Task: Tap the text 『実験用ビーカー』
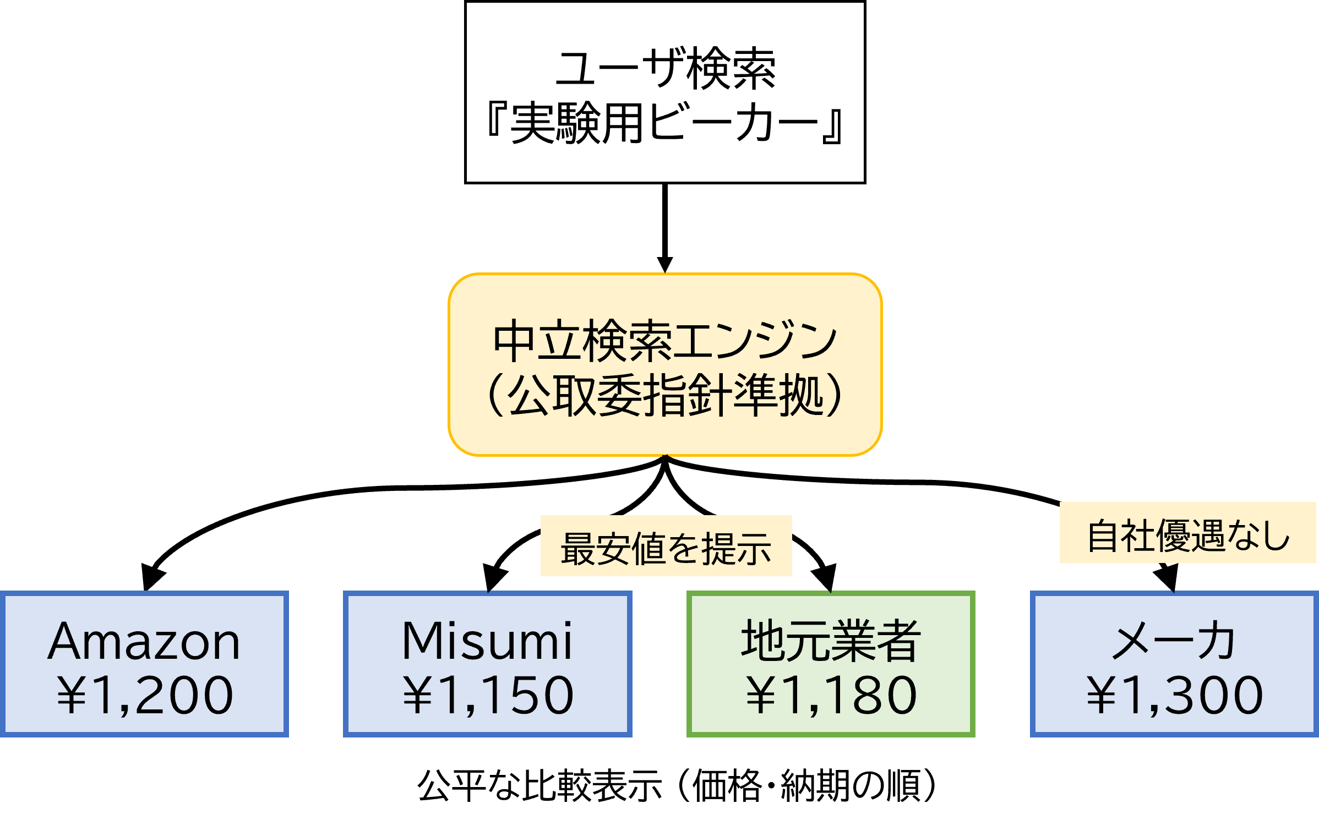click(664, 123)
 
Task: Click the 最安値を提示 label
click(666, 548)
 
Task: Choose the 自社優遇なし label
click(1188, 535)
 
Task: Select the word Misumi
click(487, 641)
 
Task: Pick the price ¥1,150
click(488, 696)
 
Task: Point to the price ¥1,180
click(831, 696)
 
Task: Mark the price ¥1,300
click(1174, 696)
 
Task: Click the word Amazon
click(144, 642)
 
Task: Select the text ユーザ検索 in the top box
click(665, 69)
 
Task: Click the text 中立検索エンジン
click(664, 341)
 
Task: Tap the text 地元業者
click(831, 641)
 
